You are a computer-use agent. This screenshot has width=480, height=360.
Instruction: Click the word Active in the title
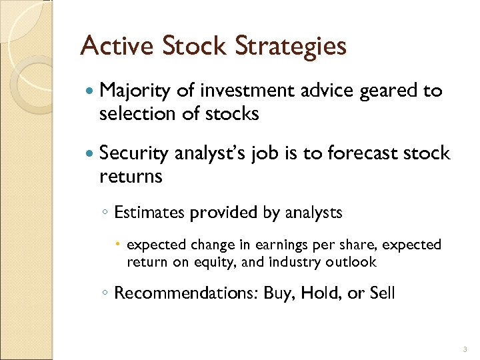(x=117, y=46)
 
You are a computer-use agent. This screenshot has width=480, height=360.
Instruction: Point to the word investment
(x=246, y=91)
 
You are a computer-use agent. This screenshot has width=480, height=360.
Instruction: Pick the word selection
(x=135, y=114)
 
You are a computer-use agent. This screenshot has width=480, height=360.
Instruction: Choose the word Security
(x=133, y=154)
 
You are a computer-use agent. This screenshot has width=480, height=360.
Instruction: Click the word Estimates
(x=150, y=213)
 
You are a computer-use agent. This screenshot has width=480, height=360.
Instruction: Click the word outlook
(x=351, y=262)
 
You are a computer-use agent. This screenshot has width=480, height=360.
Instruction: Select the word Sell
(x=381, y=293)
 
